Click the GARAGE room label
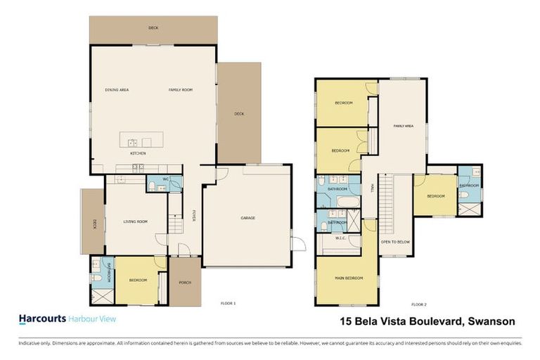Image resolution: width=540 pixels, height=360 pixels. pyautogui.click(x=247, y=218)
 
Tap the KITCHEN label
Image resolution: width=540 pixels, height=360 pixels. pyautogui.click(x=137, y=153)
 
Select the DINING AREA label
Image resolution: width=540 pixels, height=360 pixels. pyautogui.click(x=117, y=90)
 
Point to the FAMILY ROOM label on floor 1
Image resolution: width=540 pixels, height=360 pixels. pyautogui.click(x=180, y=90)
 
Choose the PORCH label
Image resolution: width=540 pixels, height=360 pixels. pyautogui.click(x=185, y=283)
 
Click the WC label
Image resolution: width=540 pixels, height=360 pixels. pyautogui.click(x=166, y=180)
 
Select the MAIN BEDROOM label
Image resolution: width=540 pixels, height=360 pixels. pyautogui.click(x=349, y=278)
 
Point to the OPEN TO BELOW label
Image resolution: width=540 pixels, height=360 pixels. pyautogui.click(x=395, y=241)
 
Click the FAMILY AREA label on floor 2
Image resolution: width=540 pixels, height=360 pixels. pyautogui.click(x=403, y=126)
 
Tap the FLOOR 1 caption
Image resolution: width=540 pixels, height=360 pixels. pyautogui.click(x=228, y=304)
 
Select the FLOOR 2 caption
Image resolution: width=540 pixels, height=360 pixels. pyautogui.click(x=418, y=304)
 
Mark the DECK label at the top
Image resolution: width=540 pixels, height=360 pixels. pyautogui.click(x=153, y=29)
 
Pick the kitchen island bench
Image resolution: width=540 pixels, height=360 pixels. pyautogui.click(x=141, y=139)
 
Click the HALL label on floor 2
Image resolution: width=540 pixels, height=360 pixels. pyautogui.click(x=371, y=188)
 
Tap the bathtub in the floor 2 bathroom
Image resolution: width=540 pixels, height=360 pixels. pyautogui.click(x=348, y=203)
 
